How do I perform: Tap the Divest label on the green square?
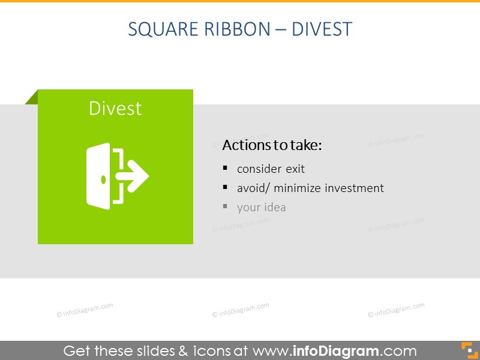point(115,109)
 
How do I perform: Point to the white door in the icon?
point(98,176)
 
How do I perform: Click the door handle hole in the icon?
point(103,179)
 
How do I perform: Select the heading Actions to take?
point(272,145)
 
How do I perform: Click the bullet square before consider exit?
point(225,168)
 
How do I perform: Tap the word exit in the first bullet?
point(295,169)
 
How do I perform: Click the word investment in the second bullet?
point(354,188)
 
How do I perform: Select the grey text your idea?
point(262,208)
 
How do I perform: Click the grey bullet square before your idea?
point(225,206)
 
